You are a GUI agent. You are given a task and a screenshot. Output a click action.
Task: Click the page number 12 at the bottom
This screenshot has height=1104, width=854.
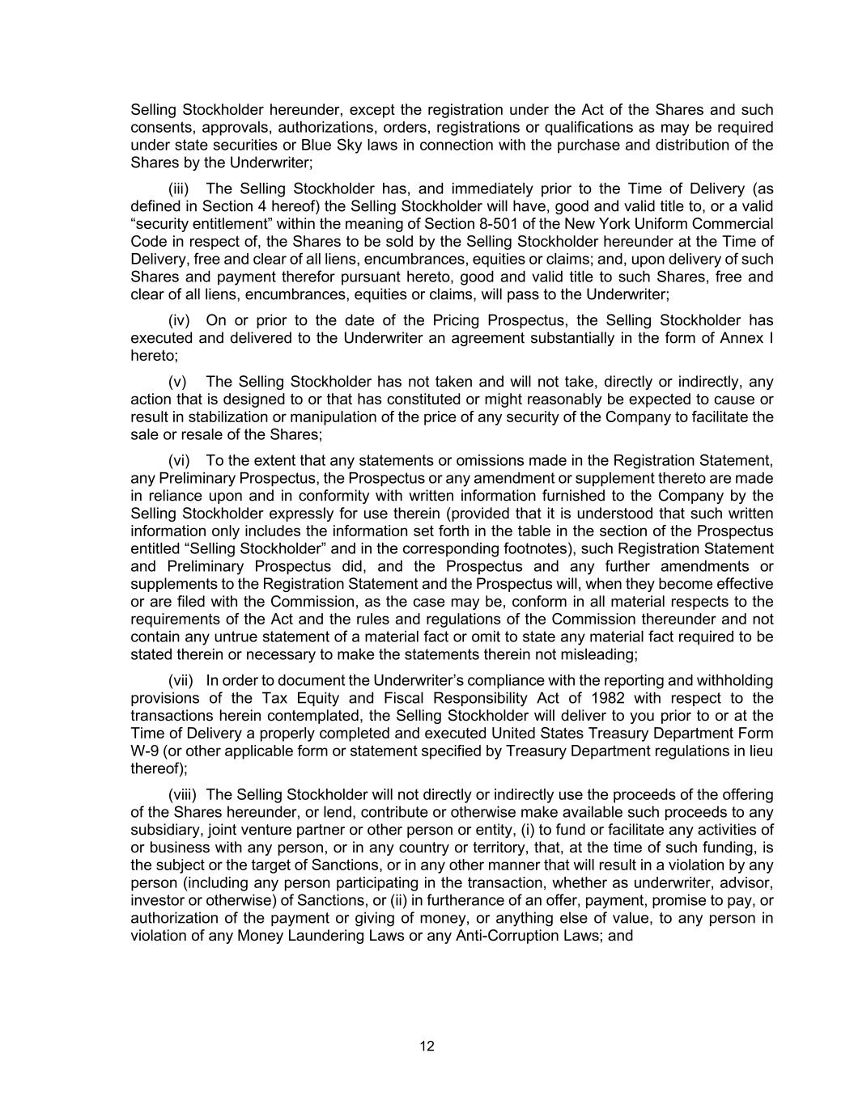[x=427, y=1047]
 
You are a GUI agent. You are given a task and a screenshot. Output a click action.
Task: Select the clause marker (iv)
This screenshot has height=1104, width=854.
[x=179, y=320]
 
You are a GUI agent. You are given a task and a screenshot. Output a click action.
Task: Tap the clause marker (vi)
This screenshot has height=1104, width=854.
[x=179, y=461]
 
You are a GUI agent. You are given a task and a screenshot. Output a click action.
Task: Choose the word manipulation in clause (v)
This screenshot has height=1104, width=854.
[x=343, y=417]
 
